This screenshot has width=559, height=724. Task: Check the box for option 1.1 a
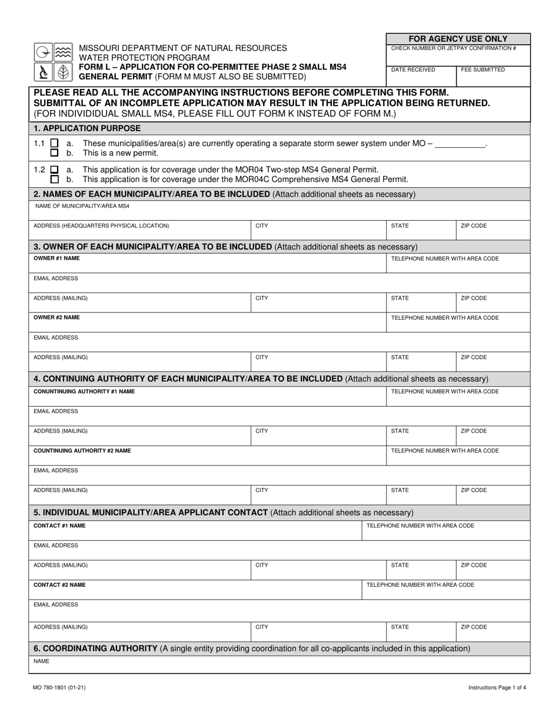point(55,143)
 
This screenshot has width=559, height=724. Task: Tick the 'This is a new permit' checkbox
point(55,153)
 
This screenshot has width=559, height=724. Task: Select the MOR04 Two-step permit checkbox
point(55,170)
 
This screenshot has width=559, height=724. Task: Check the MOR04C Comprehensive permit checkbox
point(55,180)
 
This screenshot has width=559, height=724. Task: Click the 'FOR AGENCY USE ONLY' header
point(458,38)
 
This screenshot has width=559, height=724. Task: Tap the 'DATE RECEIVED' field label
point(413,69)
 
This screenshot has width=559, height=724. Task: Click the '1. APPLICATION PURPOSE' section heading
point(87,128)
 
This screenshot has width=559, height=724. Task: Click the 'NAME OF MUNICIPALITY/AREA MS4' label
point(82,206)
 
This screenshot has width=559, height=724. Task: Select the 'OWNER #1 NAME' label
point(56,258)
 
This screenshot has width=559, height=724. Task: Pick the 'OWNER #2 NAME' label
point(56,317)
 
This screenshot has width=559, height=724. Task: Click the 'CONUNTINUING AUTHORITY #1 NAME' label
point(84,391)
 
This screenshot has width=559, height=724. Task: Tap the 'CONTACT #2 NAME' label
point(59,584)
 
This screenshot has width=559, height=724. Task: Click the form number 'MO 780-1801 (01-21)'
point(59,687)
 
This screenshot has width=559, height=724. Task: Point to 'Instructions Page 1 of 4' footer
point(497,687)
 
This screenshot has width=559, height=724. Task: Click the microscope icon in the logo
point(44,72)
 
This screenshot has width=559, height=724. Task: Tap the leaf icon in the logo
point(63,72)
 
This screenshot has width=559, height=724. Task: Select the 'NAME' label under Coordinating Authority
point(41,661)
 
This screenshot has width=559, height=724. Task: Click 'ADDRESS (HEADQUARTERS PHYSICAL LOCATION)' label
point(101,225)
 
